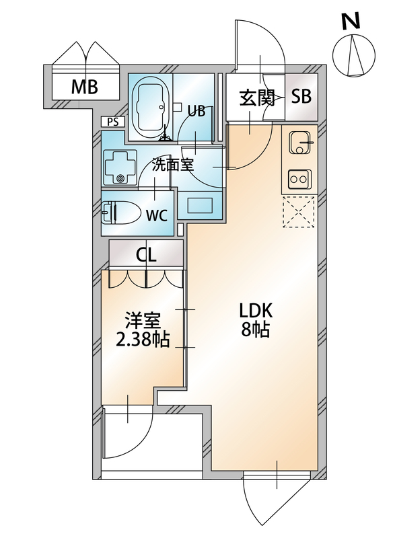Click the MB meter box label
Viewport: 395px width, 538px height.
[x=84, y=87]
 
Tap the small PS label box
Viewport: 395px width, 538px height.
[x=112, y=122]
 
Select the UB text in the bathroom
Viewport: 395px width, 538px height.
[x=196, y=110]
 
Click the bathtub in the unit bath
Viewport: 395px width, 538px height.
[x=151, y=108]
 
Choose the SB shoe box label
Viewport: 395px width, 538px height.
[x=301, y=97]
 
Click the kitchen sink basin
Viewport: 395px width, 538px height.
[x=300, y=143]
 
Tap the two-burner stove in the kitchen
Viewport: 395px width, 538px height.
[x=299, y=179]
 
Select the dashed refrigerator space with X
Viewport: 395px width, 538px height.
[x=298, y=211]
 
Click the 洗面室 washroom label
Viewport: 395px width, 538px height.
[x=173, y=165]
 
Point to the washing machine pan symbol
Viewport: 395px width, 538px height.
[x=120, y=167]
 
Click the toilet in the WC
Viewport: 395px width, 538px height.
[x=121, y=213]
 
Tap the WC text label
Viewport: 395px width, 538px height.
[x=156, y=215]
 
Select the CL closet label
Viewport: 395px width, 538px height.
[x=146, y=256]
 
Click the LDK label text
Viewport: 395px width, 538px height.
[x=256, y=311]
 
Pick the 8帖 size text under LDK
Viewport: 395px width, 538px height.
[x=256, y=330]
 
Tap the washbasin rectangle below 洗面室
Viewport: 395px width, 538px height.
[x=199, y=205]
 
